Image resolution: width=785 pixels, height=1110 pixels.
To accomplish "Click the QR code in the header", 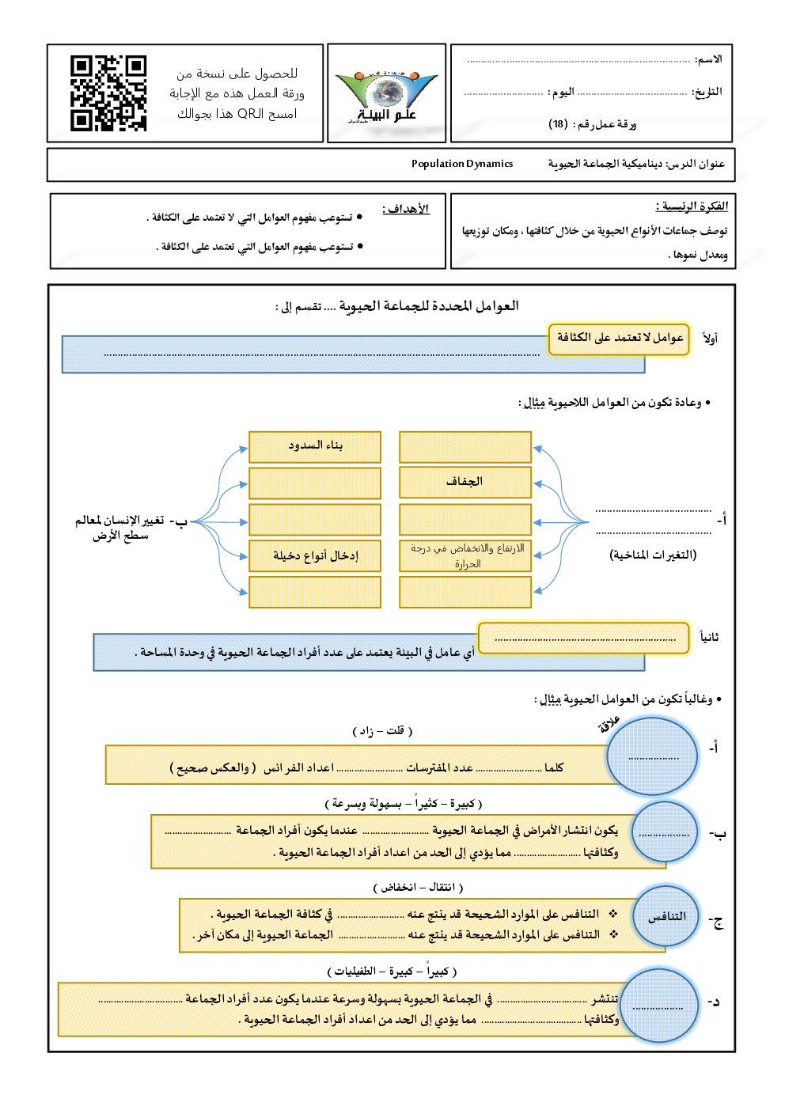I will point(108,93).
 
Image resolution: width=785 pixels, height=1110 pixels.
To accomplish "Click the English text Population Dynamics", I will point(462,164).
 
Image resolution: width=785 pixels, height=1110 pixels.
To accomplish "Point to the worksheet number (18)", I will point(559,124).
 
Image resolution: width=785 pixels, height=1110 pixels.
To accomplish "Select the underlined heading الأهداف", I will point(406,209).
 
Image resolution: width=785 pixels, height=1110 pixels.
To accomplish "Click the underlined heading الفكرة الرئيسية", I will point(692,206).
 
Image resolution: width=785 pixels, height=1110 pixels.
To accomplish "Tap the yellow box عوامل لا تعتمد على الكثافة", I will point(619,338).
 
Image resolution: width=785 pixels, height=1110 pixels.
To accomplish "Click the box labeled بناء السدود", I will point(315,446).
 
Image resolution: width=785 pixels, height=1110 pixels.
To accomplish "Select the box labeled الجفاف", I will point(465,482).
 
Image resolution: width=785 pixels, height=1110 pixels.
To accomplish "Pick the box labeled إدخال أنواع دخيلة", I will point(315,555).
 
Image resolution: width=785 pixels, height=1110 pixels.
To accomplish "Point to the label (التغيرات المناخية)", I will point(653,555).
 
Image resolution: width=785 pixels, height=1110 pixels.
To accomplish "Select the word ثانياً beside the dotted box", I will point(709,637).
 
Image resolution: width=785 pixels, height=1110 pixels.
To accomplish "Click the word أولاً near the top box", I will point(710,339).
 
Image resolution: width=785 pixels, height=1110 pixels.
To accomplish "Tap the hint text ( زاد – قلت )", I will point(382,730).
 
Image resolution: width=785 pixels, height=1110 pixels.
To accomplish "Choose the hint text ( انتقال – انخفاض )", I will point(418,887).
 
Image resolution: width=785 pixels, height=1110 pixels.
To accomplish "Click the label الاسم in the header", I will point(708,59).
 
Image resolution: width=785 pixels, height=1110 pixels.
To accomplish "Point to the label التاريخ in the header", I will point(707,92).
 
